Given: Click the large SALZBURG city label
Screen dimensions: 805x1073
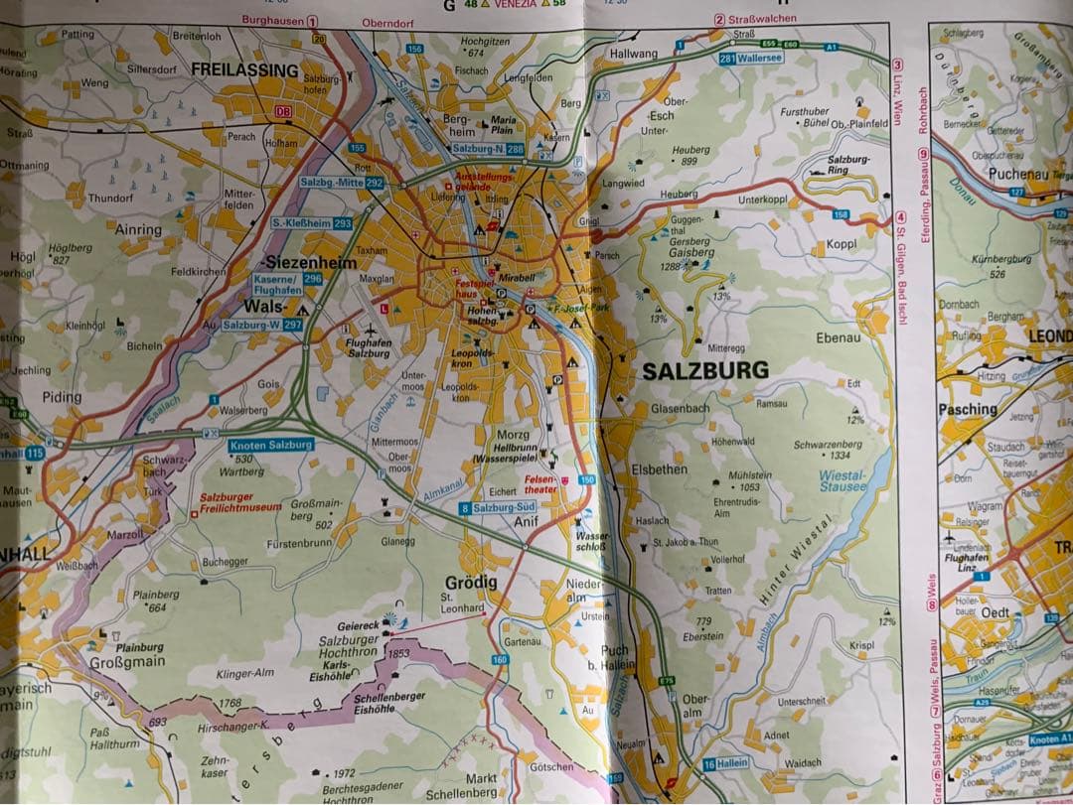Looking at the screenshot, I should [705, 370].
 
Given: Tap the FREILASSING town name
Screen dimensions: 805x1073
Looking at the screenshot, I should [244, 70].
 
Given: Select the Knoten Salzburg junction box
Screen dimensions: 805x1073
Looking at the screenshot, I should [270, 446].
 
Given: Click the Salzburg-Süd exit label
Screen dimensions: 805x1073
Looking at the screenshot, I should [499, 508].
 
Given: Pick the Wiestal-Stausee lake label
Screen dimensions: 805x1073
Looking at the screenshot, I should [843, 481].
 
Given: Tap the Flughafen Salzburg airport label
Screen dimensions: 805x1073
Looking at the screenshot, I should [369, 347].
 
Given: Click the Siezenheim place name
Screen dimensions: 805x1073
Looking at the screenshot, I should [309, 262].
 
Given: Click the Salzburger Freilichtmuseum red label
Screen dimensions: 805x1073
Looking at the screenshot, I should [239, 504].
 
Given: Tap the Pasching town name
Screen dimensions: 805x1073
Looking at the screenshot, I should [968, 408].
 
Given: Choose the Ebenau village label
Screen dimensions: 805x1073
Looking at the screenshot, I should [838, 337].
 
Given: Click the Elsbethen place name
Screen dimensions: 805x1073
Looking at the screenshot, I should [660, 469].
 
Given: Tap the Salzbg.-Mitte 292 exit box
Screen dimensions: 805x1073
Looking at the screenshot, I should [342, 183].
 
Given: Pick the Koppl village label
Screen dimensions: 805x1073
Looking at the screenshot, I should [841, 244].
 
